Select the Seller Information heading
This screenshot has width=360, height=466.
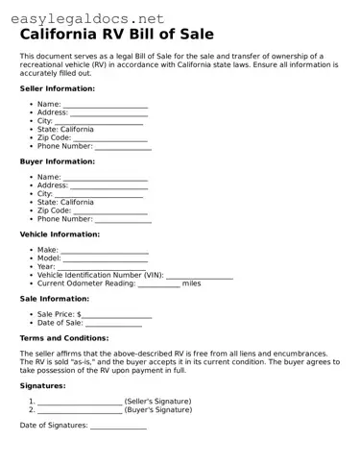(x=58, y=88)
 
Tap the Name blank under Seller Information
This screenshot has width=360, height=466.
(x=106, y=105)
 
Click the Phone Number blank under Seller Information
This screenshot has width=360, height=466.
(x=123, y=147)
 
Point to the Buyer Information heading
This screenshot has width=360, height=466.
(x=57, y=161)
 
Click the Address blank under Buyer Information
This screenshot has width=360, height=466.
(x=109, y=186)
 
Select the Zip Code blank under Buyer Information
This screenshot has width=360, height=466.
(x=110, y=211)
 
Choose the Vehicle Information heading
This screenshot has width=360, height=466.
(x=60, y=234)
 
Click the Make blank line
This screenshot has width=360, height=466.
(x=105, y=251)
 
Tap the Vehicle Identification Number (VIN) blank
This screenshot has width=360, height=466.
(x=200, y=276)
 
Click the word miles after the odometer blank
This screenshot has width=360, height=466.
(x=192, y=283)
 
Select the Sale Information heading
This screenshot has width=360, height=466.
(x=55, y=299)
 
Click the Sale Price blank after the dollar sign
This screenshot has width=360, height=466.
(x=117, y=315)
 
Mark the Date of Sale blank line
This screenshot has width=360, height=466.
(x=114, y=324)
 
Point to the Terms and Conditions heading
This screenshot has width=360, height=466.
(x=64, y=338)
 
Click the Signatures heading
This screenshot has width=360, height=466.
(x=43, y=385)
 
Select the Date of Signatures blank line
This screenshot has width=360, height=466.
(x=118, y=426)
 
